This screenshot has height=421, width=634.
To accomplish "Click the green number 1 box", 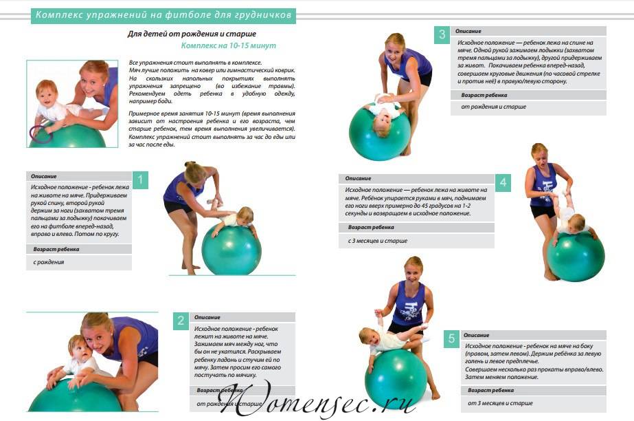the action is [140, 180].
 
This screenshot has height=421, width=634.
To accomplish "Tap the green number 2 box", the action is [181, 321].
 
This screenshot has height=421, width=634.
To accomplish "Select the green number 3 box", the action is [442, 35].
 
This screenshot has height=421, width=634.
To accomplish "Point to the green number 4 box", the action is [503, 182].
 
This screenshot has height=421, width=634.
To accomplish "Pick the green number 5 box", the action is [452, 338].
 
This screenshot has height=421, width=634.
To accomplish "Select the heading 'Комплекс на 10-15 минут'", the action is [229, 45].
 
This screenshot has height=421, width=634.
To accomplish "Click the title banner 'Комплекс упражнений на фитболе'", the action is [163, 15].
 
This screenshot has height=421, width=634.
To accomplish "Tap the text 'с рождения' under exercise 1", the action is [49, 262].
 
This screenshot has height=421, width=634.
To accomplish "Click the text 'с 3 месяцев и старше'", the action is [378, 241].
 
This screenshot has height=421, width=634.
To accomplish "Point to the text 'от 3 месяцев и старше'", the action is [500, 403].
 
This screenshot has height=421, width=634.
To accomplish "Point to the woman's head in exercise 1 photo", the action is [195, 173].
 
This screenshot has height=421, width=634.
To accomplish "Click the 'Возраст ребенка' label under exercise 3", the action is [484, 95].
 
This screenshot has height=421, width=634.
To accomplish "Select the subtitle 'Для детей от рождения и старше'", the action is [192, 34].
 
